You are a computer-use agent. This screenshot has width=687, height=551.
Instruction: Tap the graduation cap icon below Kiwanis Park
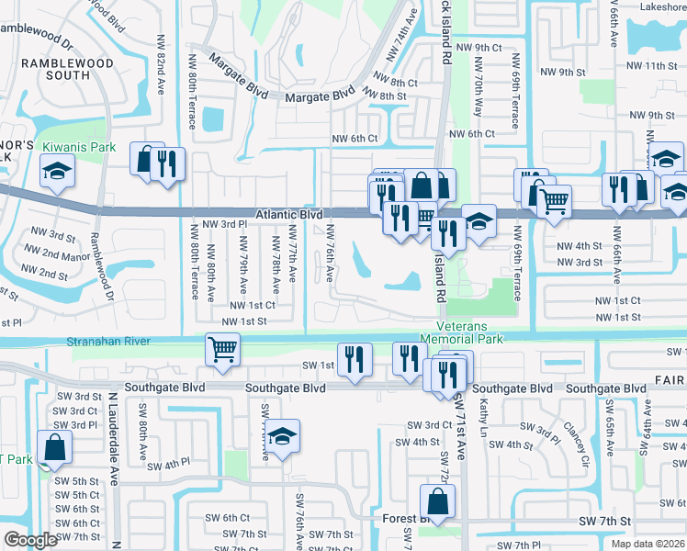pos(57,172)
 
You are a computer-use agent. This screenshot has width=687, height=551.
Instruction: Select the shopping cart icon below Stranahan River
pos(223,350)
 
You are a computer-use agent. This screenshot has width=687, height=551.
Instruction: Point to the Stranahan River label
pos(108,342)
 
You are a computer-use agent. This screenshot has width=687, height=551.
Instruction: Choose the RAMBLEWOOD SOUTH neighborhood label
pos(69,70)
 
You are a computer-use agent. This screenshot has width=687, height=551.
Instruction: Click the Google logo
pos(30,540)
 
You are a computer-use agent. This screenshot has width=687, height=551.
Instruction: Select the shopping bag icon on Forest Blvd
pos(437,502)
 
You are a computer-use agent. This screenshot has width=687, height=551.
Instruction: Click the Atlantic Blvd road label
pos(288,213)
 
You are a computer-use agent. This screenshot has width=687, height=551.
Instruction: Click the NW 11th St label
pos(647,66)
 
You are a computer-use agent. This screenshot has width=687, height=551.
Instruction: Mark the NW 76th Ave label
pos(329,255)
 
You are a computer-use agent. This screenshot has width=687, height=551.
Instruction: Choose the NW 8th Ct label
pos(397,83)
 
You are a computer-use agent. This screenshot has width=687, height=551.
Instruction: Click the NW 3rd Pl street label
pos(225,224)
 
